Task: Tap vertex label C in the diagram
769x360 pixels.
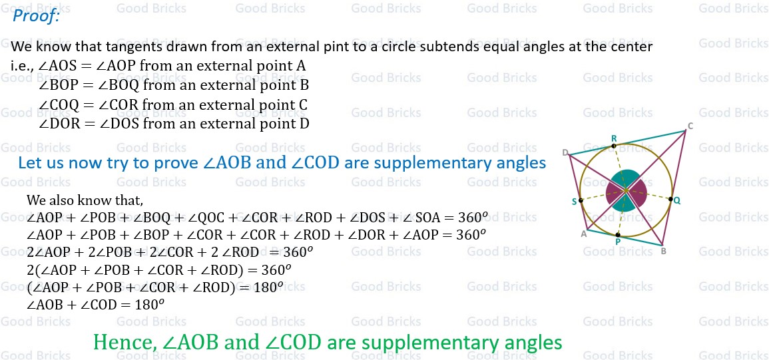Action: pyautogui.click(x=690, y=126)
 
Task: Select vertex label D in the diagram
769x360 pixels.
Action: pyautogui.click(x=565, y=153)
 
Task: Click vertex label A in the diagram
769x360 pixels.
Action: pyautogui.click(x=584, y=234)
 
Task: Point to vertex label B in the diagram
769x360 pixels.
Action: pyautogui.click(x=662, y=251)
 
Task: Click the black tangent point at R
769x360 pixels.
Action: pyautogui.click(x=614, y=146)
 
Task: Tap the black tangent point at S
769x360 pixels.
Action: pyautogui.click(x=581, y=200)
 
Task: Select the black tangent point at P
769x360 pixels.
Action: pyautogui.click(x=618, y=234)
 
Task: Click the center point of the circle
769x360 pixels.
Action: pyautogui.click(x=626, y=192)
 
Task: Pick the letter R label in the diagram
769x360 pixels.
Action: pyautogui.click(x=614, y=138)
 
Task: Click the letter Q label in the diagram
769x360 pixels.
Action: pyautogui.click(x=676, y=200)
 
